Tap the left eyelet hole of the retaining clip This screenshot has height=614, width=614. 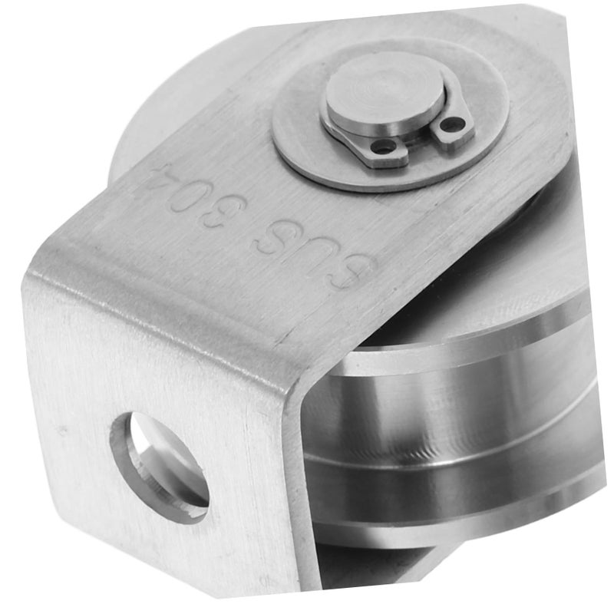pyautogui.click(x=382, y=148)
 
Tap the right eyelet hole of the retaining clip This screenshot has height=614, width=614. pyautogui.click(x=448, y=126)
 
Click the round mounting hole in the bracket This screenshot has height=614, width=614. pyautogui.click(x=159, y=465)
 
